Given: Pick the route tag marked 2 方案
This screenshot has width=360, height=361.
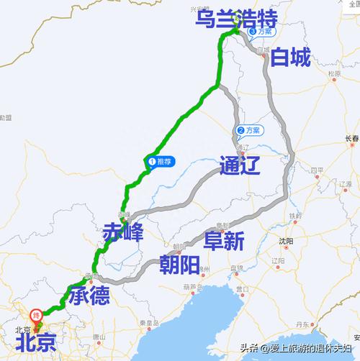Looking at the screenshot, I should point(248,130).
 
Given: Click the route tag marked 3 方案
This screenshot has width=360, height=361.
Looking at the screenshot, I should point(260,32).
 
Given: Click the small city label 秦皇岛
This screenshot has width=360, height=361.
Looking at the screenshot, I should point(148,323).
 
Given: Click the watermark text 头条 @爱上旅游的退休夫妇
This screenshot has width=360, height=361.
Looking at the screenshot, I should point(297,349).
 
